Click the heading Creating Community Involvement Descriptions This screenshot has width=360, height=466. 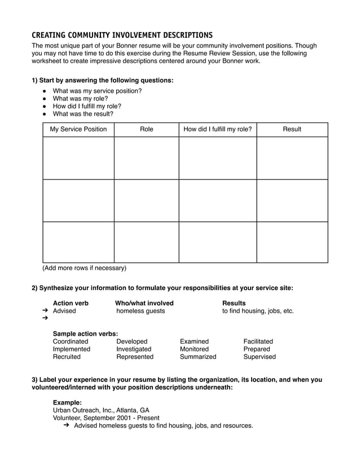[x=122, y=35]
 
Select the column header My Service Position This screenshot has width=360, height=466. [x=78, y=129]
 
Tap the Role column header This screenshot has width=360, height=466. [x=146, y=129]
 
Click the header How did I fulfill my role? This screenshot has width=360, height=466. [x=217, y=129]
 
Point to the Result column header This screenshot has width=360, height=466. [x=292, y=129]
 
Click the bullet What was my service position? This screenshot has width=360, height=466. [x=97, y=91]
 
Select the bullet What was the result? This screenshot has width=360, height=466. [x=83, y=113]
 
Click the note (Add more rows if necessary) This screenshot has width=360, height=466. [x=85, y=268]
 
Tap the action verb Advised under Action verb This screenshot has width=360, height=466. [x=64, y=311]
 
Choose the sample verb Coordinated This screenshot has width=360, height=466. [x=71, y=341]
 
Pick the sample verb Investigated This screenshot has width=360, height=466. [x=134, y=349]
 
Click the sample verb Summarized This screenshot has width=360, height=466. [x=198, y=357]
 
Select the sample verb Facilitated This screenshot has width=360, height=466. [x=258, y=341]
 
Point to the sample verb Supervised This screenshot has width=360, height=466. [x=260, y=357]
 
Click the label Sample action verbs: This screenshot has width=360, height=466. [x=85, y=333]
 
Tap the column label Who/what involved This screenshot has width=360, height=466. [x=144, y=303]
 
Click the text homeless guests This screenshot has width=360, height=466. [x=141, y=311]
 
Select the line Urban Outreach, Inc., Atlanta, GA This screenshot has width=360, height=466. [x=101, y=410]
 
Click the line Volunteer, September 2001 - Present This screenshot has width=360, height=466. [x=106, y=418]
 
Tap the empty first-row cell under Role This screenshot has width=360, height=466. [x=146, y=158]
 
